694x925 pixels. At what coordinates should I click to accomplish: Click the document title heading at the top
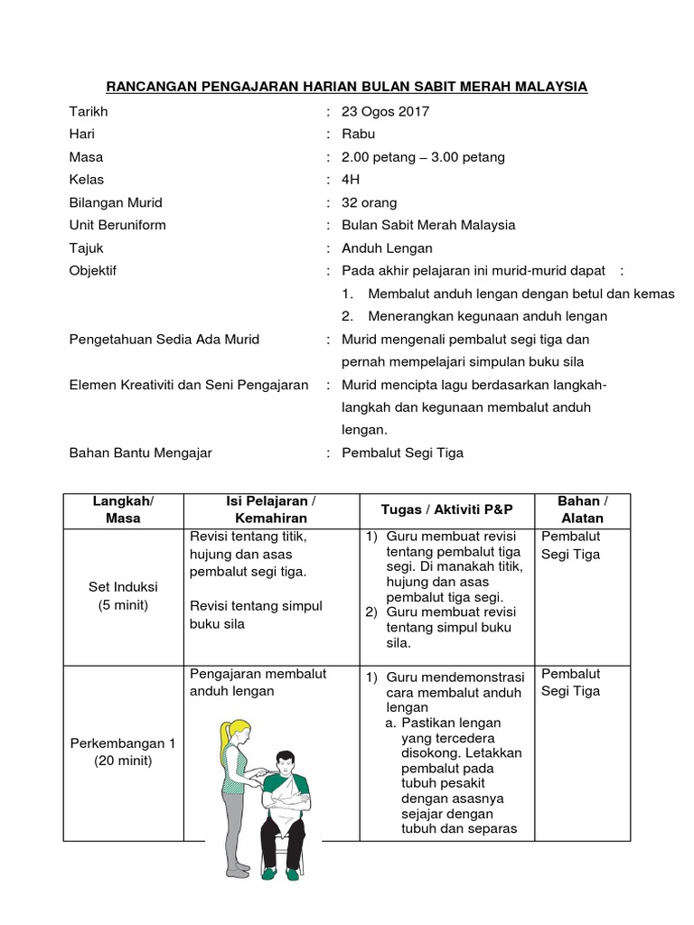tap(347, 87)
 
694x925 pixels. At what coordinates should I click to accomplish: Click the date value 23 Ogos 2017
tap(385, 112)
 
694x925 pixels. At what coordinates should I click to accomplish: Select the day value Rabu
tap(358, 135)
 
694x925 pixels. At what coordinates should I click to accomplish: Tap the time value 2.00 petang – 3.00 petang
tap(423, 157)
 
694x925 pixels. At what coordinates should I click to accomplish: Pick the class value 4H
tap(351, 180)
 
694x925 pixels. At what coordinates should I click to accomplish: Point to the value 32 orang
tap(369, 202)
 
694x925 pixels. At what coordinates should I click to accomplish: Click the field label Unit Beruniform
tap(117, 225)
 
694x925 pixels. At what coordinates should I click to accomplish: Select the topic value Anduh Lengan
tap(387, 248)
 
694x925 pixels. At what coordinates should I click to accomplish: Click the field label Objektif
tap(93, 270)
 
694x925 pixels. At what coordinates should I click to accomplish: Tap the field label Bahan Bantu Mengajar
tap(141, 453)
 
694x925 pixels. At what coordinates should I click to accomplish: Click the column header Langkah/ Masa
tap(123, 509)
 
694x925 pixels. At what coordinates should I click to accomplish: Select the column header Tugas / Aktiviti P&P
tap(446, 509)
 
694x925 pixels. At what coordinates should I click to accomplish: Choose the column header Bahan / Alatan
tap(582, 509)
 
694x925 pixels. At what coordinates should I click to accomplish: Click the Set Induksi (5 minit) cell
tap(123, 596)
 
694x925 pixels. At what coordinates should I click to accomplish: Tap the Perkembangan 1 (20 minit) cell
tap(123, 752)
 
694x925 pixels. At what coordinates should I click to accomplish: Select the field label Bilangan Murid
tap(116, 202)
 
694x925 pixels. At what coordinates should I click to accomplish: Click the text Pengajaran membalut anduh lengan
tap(258, 683)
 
